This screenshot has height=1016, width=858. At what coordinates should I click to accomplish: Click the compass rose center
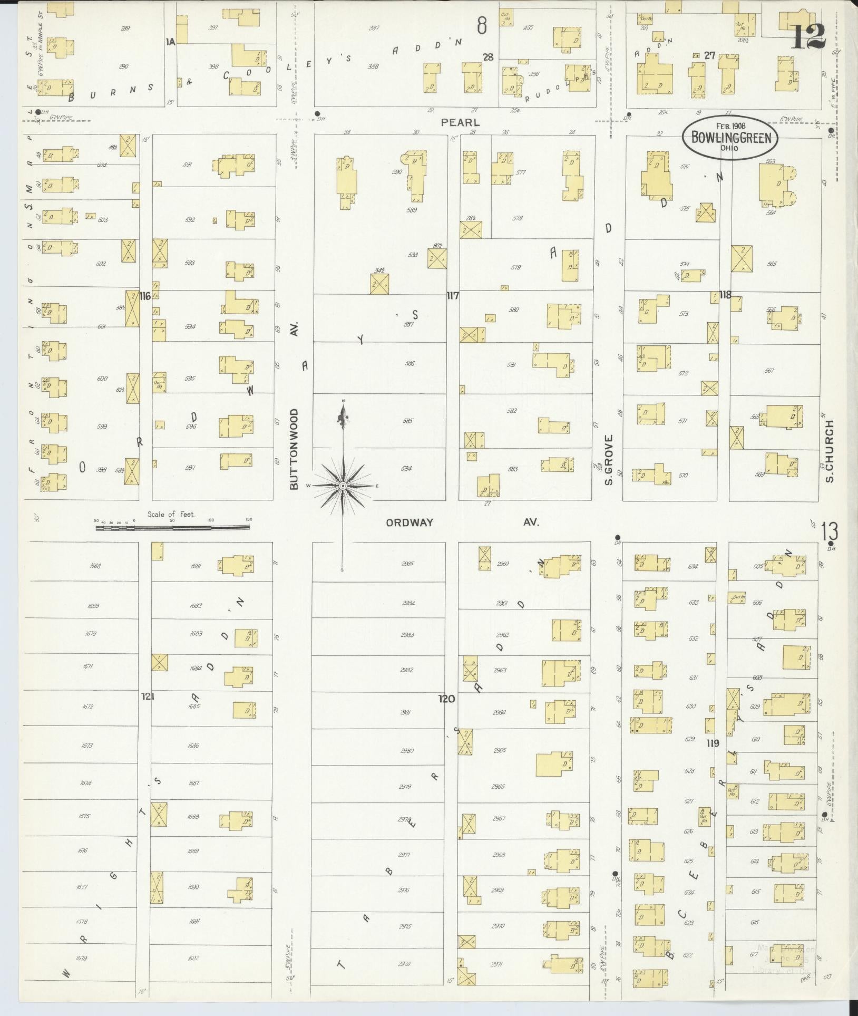coord(343,485)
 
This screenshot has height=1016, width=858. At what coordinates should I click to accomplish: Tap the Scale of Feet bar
coord(173,526)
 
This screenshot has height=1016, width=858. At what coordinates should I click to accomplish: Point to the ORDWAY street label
coord(409,522)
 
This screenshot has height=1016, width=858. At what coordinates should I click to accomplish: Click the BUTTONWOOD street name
coord(294,449)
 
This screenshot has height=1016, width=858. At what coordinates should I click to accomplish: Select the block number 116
coord(145,296)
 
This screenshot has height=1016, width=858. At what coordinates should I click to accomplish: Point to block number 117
coord(453,296)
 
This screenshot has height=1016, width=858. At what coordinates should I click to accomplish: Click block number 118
coord(725,295)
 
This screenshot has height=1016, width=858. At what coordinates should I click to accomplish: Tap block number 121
coord(148,696)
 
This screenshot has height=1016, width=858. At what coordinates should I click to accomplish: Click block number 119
coord(713,743)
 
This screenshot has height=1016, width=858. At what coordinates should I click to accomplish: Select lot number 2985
coord(407,564)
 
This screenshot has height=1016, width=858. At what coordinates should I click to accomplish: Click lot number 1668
coord(95,566)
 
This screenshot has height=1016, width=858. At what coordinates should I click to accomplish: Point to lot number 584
coord(406,468)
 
